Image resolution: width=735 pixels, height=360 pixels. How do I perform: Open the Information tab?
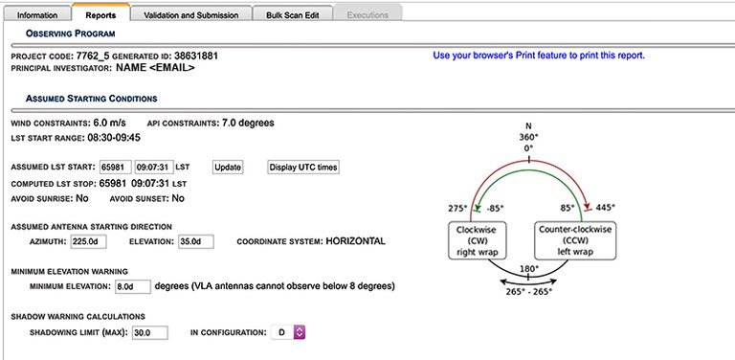pyautogui.click(x=37, y=14)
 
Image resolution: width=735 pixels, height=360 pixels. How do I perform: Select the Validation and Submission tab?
pyautogui.click(x=191, y=14)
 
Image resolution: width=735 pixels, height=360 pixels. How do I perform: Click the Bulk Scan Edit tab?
pyautogui.click(x=293, y=14)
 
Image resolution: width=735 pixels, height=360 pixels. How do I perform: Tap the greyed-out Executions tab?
pyautogui.click(x=367, y=14)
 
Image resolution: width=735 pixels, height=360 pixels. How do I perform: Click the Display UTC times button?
pyautogui.click(x=303, y=168)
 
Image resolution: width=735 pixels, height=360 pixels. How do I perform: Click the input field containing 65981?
pyautogui.click(x=115, y=168)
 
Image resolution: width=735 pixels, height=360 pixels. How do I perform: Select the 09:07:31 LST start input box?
pyautogui.click(x=154, y=168)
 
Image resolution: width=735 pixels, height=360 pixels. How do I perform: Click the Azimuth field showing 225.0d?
pyautogui.click(x=88, y=242)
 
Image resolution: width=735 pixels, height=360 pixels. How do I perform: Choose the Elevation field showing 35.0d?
pyautogui.click(x=196, y=242)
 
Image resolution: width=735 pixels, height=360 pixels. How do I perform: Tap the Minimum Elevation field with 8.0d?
pyautogui.click(x=133, y=286)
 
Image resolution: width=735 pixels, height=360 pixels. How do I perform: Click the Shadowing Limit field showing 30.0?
pyautogui.click(x=150, y=333)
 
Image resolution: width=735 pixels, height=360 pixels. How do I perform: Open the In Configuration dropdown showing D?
pyautogui.click(x=288, y=333)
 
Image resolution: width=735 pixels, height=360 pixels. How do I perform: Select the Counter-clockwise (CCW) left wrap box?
pyautogui.click(x=575, y=241)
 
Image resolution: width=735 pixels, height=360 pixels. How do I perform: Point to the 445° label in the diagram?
pyautogui.click(x=605, y=207)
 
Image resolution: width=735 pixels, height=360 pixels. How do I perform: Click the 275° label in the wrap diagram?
pyautogui.click(x=458, y=208)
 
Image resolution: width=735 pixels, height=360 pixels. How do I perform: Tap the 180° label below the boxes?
pyautogui.click(x=529, y=269)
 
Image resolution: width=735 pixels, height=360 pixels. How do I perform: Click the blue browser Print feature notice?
pyautogui.click(x=539, y=56)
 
